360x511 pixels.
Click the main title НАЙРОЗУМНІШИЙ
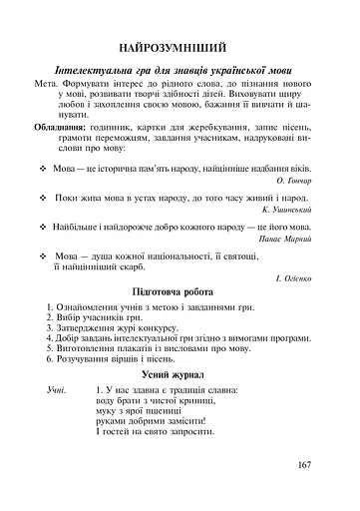pyautogui.click(x=180, y=47)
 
